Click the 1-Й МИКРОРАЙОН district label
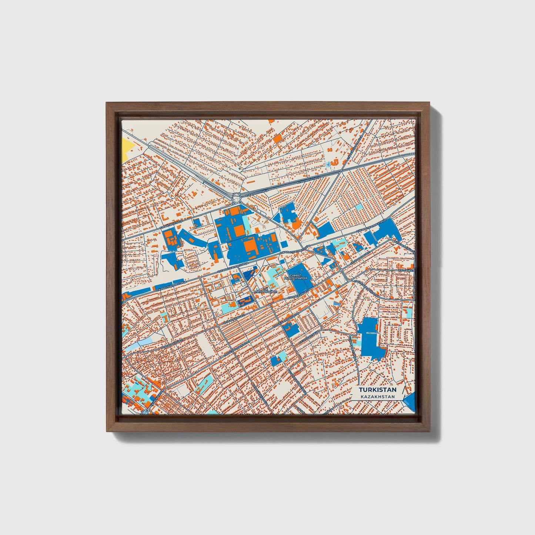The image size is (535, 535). (x=265, y=291)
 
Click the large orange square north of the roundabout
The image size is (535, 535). (x=277, y=138)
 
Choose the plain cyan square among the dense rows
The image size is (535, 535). (x=359, y=207)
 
